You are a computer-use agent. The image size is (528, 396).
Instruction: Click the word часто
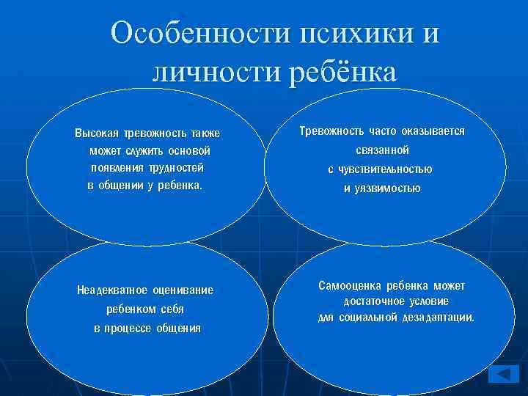point(379,131)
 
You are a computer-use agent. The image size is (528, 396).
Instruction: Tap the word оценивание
point(181,290)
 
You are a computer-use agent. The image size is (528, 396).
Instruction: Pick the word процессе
point(131,328)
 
